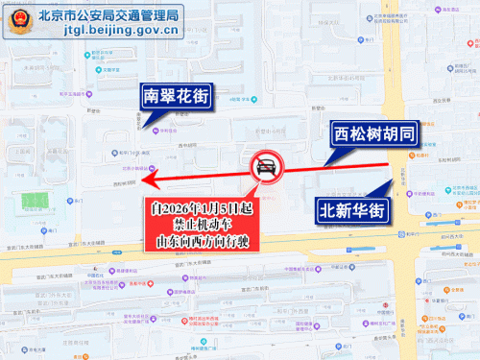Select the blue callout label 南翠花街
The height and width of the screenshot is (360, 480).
click(175, 96)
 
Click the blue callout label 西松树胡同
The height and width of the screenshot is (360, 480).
click(372, 134)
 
